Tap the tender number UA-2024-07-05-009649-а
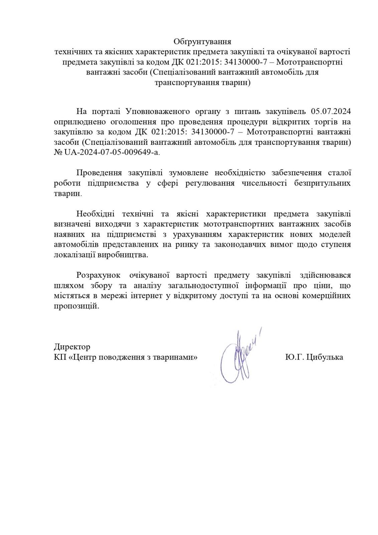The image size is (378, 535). point(110,152)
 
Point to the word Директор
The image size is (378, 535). point(72,346)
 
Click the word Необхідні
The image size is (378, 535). point(96,214)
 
